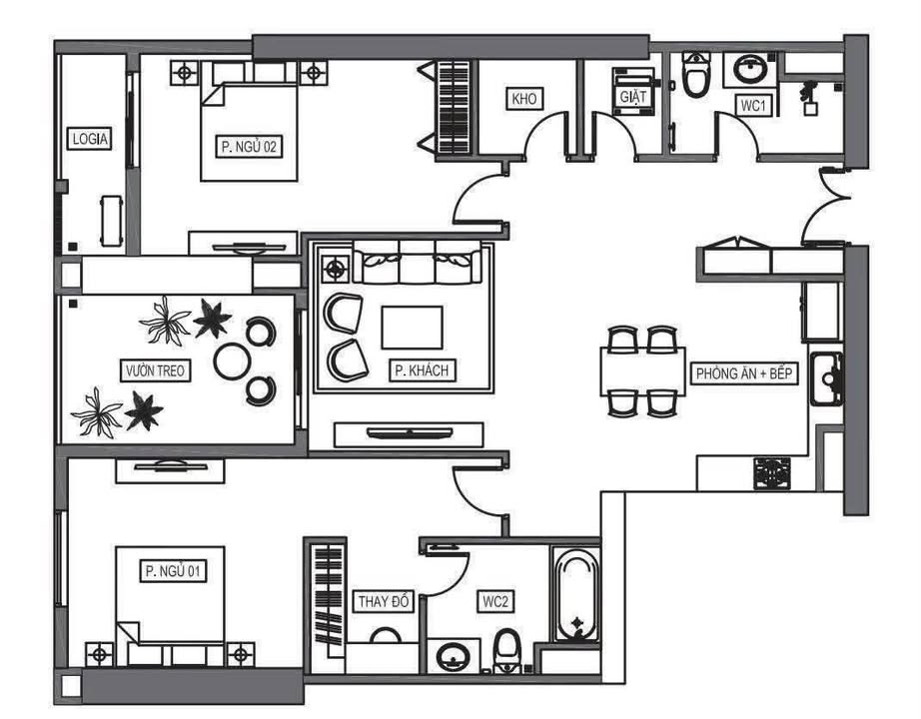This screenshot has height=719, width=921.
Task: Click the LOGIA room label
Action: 89,139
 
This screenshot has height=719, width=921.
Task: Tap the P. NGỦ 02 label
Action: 249,146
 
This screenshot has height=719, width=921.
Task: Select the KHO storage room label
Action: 524,99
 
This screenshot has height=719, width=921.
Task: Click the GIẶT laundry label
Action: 632,96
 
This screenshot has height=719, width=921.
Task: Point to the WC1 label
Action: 753,106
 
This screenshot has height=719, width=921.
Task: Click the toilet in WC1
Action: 696,74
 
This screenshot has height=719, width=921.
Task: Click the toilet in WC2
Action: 506,651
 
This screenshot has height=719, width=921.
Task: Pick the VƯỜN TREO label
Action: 155,370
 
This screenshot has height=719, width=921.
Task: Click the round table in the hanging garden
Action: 233,360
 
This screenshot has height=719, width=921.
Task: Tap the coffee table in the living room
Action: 412,328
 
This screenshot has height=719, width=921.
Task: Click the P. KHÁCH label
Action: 422,370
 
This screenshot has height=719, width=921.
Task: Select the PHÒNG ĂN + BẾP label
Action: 744,373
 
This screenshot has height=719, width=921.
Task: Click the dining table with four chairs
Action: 642,371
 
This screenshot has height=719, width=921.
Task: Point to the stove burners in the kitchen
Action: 772,473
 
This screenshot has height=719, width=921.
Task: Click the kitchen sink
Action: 827,378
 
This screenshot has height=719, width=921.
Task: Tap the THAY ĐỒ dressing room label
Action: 384,601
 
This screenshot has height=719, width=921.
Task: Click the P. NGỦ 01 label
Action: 173,570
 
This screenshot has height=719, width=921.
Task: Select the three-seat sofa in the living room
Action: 417,263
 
